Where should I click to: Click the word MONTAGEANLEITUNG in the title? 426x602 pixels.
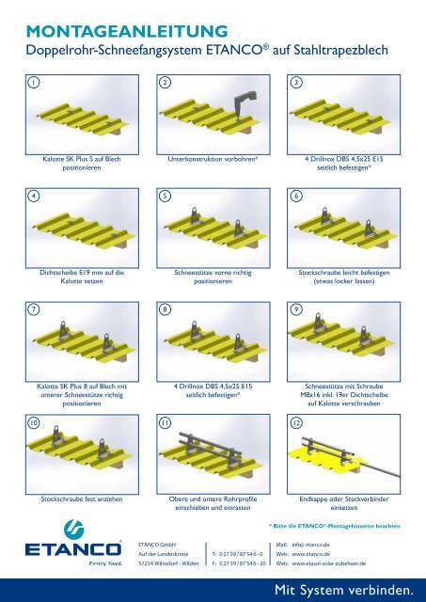(127, 31)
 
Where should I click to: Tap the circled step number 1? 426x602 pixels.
(34, 82)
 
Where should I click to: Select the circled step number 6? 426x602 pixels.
(296, 196)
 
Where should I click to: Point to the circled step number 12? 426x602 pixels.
(296, 422)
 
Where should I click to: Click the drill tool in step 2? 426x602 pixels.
(245, 104)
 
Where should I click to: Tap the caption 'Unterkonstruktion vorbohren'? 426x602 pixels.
(213, 159)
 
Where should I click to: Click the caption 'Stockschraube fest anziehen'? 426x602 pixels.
(82, 499)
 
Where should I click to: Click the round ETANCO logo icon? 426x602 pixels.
(73, 529)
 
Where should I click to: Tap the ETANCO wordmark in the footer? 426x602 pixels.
(73, 549)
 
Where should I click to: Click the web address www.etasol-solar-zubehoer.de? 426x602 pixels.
(328, 563)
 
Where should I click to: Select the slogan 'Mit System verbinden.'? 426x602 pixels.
(344, 590)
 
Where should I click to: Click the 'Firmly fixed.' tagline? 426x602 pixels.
(105, 563)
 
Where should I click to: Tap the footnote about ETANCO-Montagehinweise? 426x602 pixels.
(335, 526)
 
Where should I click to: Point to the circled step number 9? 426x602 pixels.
(296, 309)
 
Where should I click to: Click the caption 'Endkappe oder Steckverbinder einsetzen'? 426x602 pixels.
(344, 503)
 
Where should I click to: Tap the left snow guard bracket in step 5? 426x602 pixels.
(195, 216)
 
